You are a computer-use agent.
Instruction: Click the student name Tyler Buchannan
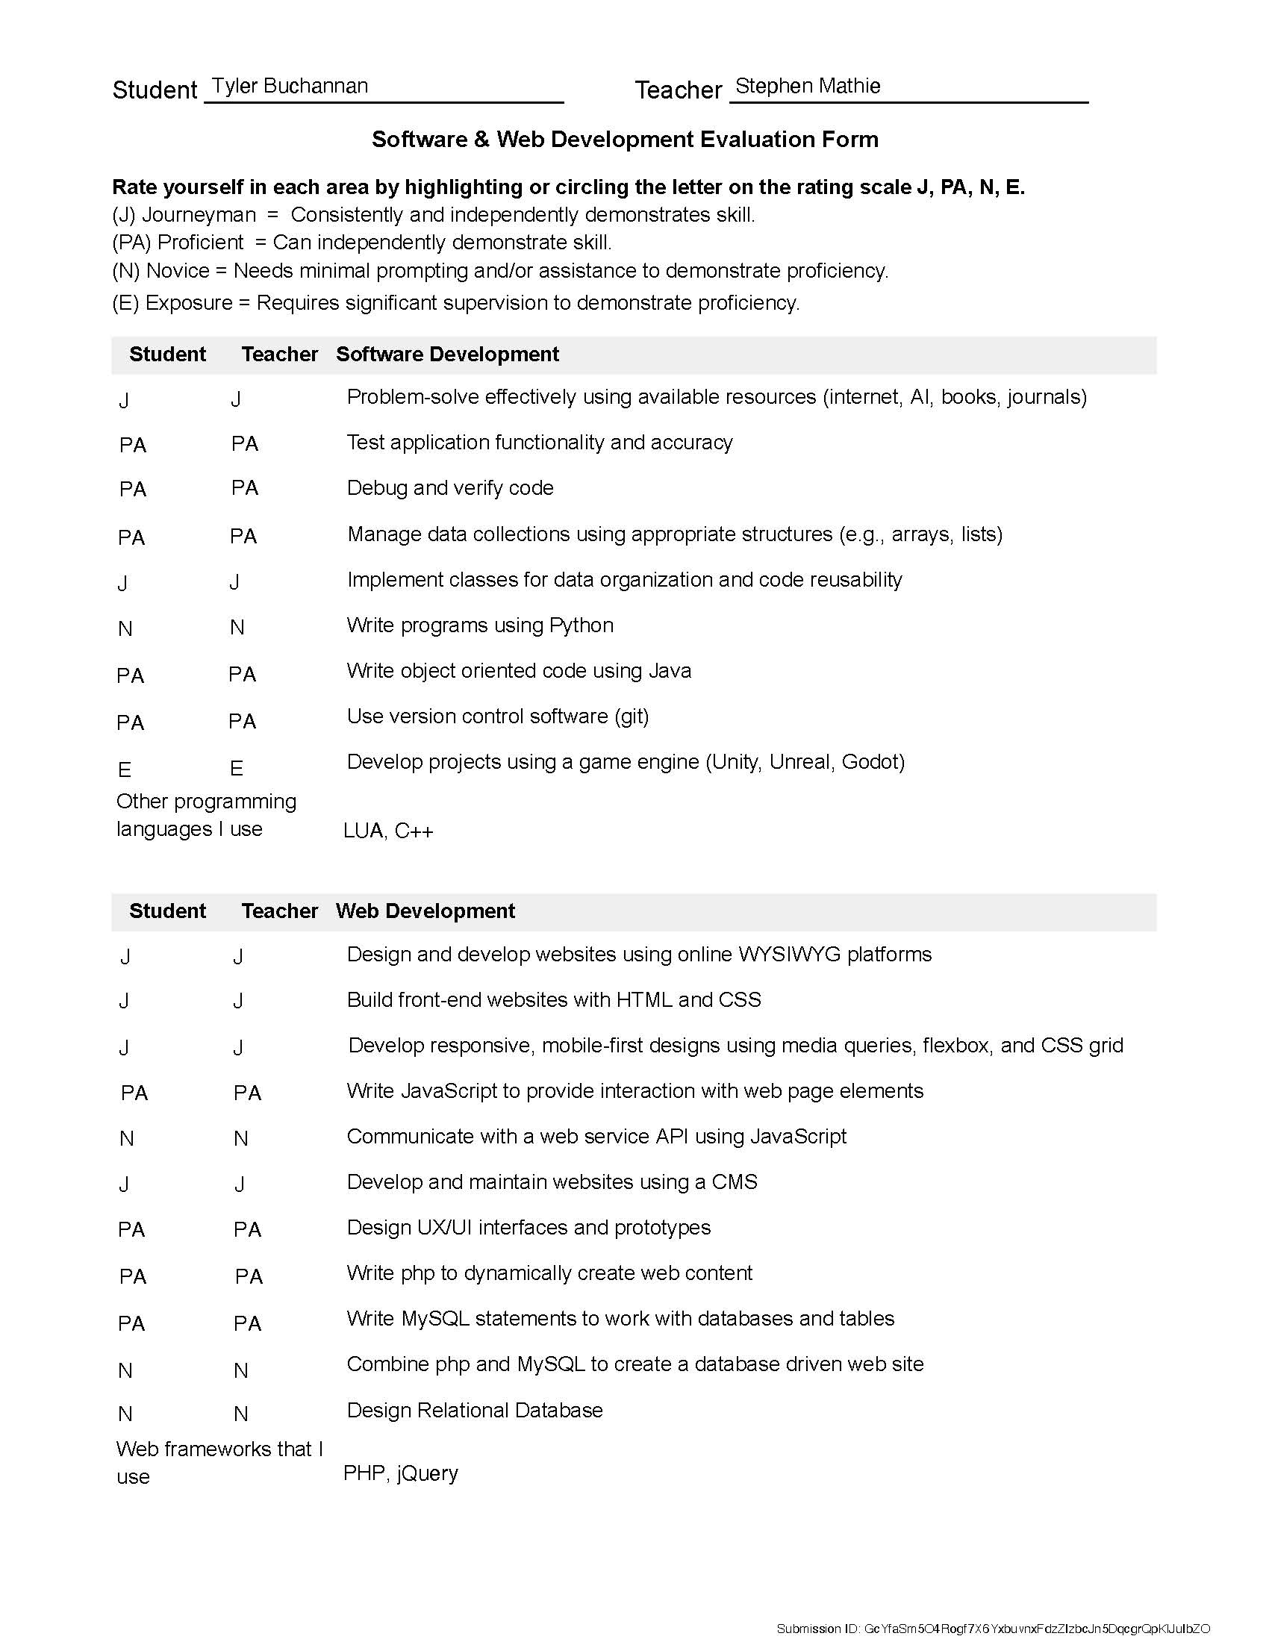(x=290, y=86)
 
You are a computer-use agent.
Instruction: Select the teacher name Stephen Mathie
(x=808, y=86)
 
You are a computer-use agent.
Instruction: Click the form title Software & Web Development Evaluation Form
(x=625, y=139)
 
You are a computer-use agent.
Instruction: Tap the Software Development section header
(x=447, y=354)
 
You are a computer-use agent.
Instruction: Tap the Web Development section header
(x=425, y=911)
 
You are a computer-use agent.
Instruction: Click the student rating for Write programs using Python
(x=125, y=628)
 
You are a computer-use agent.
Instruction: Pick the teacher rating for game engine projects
(x=237, y=768)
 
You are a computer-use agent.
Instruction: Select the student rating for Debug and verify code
(x=133, y=490)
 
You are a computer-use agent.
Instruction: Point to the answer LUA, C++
(x=388, y=831)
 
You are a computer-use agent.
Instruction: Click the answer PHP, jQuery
(x=401, y=1473)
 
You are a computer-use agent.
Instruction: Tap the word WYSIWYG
(x=789, y=954)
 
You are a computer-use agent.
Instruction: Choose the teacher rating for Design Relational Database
(x=241, y=1414)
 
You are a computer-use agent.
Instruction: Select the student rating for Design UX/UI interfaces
(x=131, y=1229)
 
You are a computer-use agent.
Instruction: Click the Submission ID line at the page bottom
(x=992, y=1629)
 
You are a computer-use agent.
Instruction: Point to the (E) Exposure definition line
(x=455, y=303)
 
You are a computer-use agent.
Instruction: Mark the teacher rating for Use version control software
(x=243, y=722)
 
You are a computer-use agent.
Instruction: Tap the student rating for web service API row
(x=127, y=1139)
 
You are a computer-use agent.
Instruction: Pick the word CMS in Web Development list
(x=735, y=1182)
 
